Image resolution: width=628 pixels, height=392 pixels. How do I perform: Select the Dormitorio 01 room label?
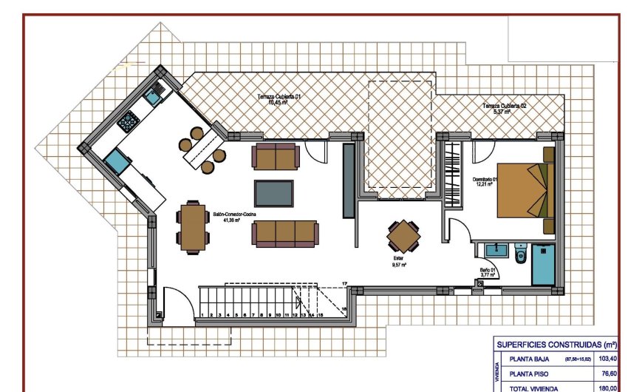pyautogui.click(x=487, y=180)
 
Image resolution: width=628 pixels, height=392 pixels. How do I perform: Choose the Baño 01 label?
pyautogui.click(x=487, y=271)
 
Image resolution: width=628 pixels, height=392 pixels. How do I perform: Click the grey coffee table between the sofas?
pyautogui.click(x=274, y=193)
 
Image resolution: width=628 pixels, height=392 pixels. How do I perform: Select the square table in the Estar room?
pyautogui.click(x=405, y=237)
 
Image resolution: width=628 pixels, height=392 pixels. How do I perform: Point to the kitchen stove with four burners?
pyautogui.click(x=132, y=119)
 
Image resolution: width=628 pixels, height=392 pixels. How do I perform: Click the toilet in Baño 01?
pyautogui.click(x=521, y=256)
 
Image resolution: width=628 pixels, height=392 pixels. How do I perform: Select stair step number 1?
pyautogui.click(x=202, y=315)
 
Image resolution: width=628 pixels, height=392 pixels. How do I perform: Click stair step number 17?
pyautogui.click(x=345, y=284)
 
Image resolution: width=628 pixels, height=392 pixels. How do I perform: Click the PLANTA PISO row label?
pyautogui.click(x=529, y=374)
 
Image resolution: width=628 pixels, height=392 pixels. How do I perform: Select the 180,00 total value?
pyautogui.click(x=607, y=387)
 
